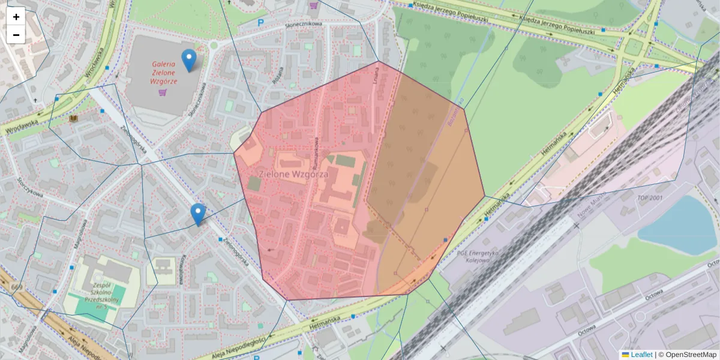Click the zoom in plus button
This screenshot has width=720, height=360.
pos(16,17)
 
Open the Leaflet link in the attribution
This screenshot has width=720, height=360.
pos(641,355)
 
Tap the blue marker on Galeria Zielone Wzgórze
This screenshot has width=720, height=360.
pos(189,60)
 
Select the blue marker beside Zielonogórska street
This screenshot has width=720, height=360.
pos(197,214)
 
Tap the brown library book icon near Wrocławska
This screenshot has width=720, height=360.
pos(73,119)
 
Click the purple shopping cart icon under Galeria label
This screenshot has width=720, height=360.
pos(162,92)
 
